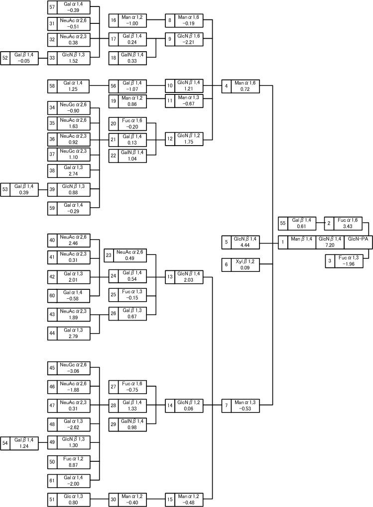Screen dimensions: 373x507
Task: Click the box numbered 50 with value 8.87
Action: pos(69,462)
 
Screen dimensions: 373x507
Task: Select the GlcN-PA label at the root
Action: pos(358,239)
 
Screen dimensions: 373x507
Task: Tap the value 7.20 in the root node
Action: pos(330,245)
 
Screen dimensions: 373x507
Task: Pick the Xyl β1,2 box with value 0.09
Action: pos(241,264)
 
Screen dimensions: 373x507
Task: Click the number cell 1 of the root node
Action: pos(283,242)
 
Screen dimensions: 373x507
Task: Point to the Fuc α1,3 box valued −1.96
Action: pos(344,261)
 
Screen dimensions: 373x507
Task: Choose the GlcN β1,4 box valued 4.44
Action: pos(241,242)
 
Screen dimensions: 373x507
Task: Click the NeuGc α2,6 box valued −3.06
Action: pos(69,368)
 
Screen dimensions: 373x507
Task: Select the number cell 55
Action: pos(283,224)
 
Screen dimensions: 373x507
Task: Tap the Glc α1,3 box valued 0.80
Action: pos(69,500)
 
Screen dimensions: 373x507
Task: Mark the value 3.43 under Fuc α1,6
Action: pos(348,226)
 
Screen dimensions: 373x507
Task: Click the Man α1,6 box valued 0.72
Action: pos(241,86)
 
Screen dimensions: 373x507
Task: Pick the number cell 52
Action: pos(5,58)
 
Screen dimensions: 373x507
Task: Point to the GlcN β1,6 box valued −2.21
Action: pos(184,39)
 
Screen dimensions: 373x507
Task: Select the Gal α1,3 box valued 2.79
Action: pos(69,333)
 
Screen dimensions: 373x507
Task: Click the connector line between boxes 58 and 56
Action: pos(100,85)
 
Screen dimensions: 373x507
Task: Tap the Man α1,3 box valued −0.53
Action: pos(241,406)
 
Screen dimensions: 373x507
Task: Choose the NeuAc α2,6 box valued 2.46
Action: pos(69,240)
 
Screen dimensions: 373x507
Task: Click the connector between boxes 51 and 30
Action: pos(100,500)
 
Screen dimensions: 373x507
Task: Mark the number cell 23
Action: pos(109,255)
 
